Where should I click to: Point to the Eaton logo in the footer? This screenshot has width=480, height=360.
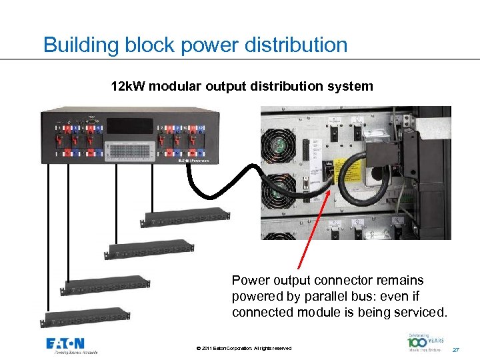click(71, 345)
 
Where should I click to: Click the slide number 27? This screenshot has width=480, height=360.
click(456, 349)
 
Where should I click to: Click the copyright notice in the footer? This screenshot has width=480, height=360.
click(244, 349)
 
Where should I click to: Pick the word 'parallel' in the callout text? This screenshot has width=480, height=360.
click(328, 296)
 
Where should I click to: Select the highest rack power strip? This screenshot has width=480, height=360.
click(185, 215)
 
